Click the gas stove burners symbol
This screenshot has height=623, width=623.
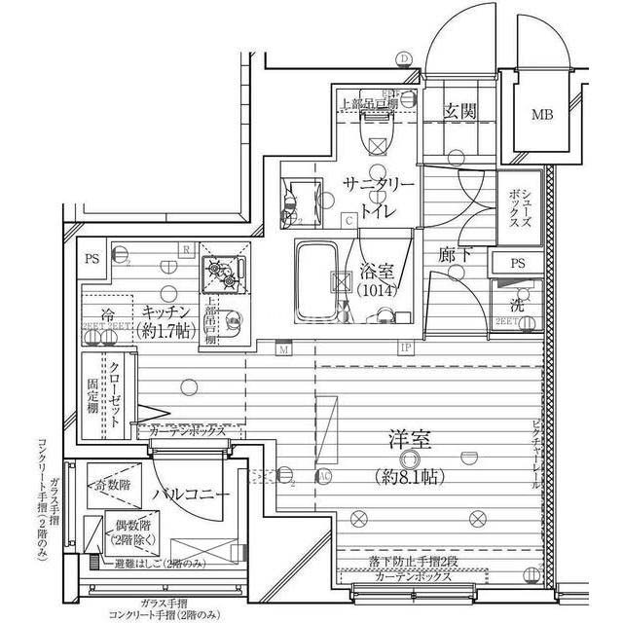[220, 275]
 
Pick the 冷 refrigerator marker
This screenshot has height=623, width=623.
[109, 314]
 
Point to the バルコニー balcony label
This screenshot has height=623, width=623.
[192, 495]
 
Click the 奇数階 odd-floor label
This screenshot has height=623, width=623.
[113, 484]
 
